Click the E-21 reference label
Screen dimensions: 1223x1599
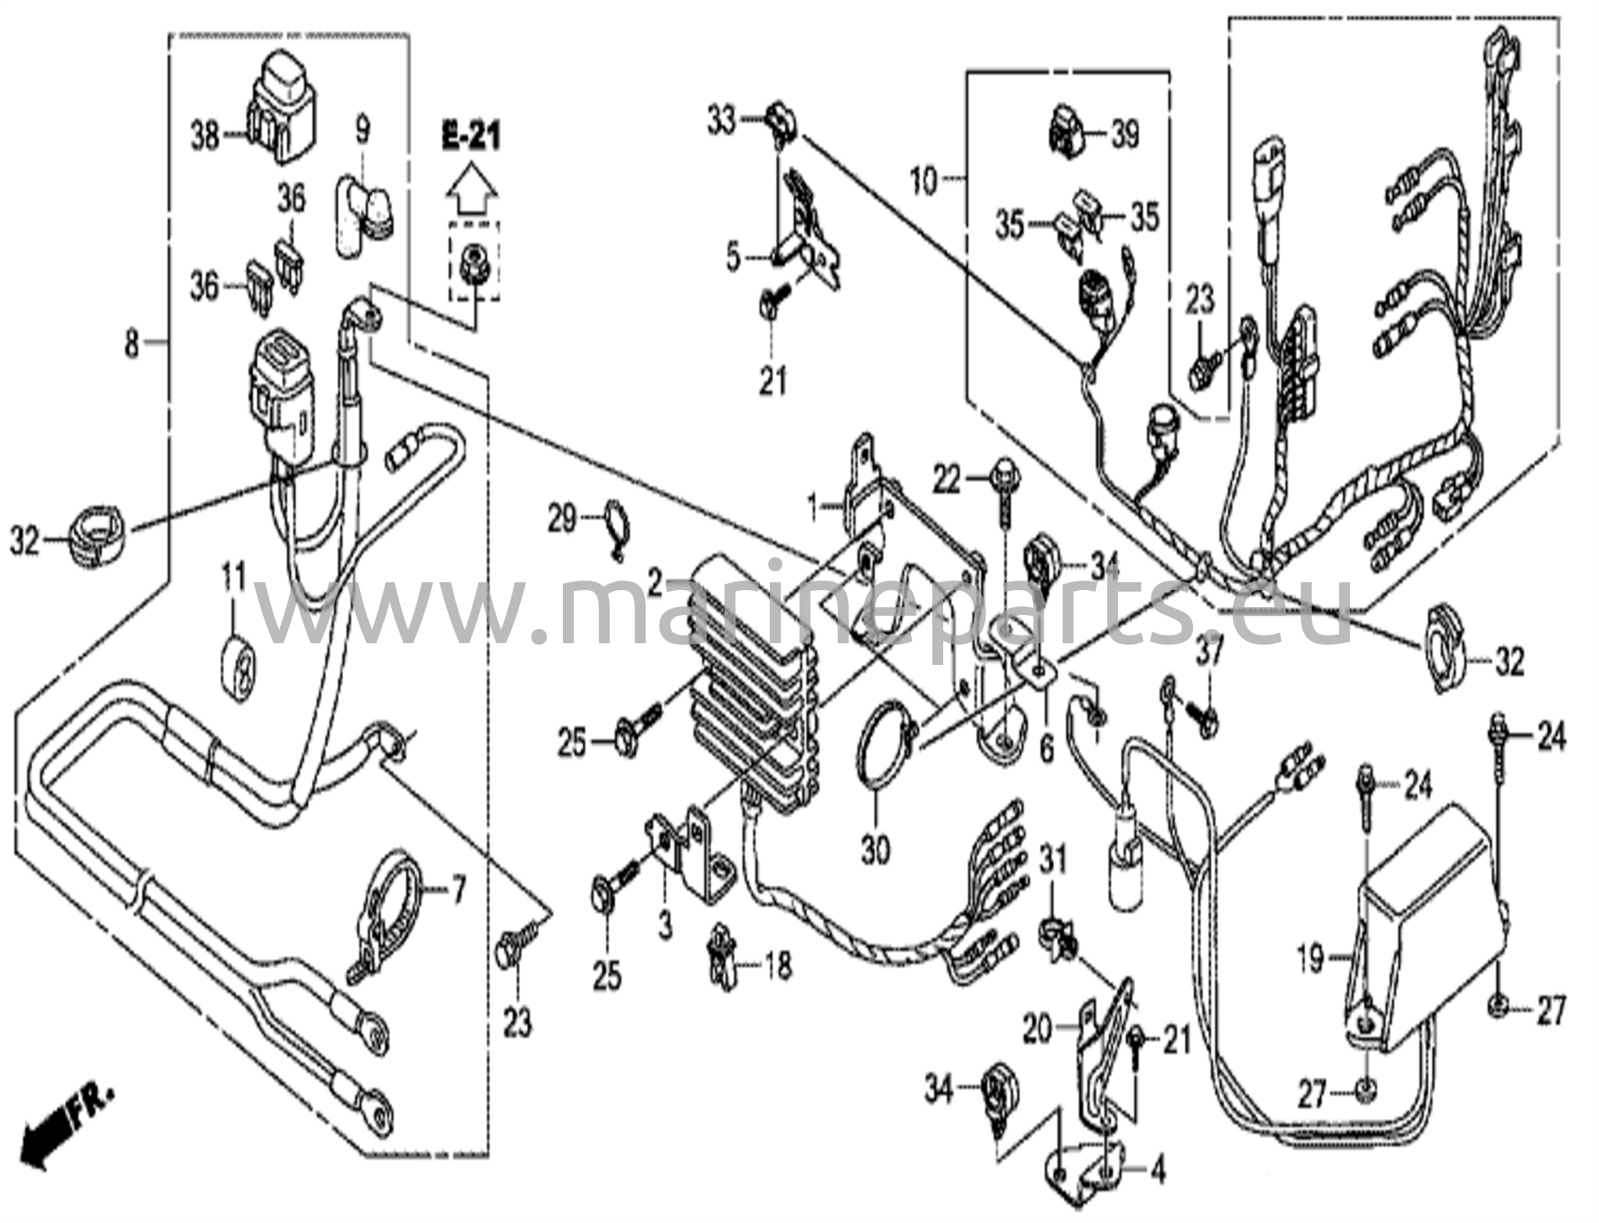[x=471, y=137]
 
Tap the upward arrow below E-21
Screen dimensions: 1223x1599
[x=471, y=190]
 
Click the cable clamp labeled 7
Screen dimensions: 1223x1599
[x=390, y=909]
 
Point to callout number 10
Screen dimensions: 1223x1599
[x=923, y=183]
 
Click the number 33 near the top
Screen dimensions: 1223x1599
[x=721, y=121]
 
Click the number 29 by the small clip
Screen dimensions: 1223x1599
[x=561, y=519]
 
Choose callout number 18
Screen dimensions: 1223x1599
[x=778, y=965]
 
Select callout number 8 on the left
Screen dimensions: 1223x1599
[x=132, y=342]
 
